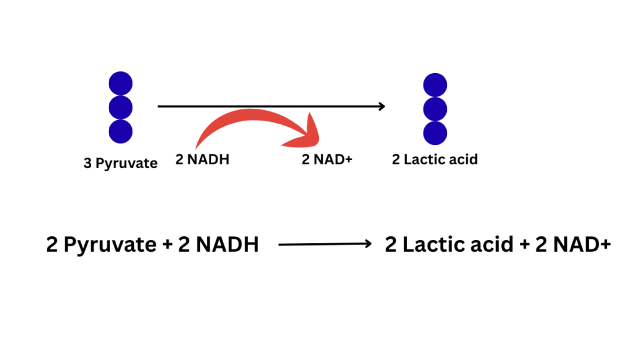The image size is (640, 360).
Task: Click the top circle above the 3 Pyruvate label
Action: [x=121, y=84]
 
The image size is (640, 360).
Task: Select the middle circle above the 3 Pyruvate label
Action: [x=121, y=107]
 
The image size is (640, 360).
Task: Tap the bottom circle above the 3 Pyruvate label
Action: [x=121, y=131]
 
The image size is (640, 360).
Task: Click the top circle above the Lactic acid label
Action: [x=435, y=85]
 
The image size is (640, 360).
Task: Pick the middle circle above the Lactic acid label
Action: [x=435, y=109]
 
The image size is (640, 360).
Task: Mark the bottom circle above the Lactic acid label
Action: [x=435, y=132]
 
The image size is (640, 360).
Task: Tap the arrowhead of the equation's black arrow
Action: [x=369, y=244]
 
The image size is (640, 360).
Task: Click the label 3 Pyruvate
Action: [x=121, y=163]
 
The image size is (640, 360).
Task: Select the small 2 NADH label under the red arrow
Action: [x=202, y=159]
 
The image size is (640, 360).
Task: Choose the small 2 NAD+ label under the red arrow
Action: [x=327, y=159]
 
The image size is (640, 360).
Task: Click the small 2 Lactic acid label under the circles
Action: [x=434, y=159]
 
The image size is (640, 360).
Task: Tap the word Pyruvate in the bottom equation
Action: [x=111, y=244]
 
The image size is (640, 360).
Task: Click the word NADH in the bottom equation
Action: [x=227, y=244]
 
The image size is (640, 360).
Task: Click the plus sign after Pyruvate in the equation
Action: [x=167, y=244]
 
